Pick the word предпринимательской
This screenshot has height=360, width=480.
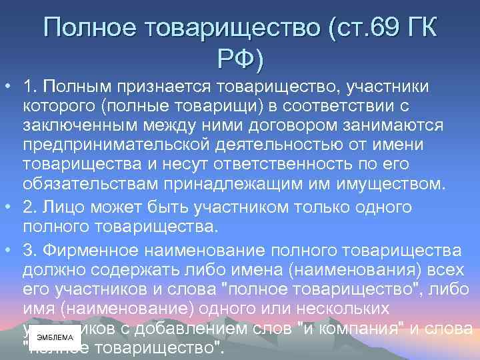pyautogui.click(x=111, y=145)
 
